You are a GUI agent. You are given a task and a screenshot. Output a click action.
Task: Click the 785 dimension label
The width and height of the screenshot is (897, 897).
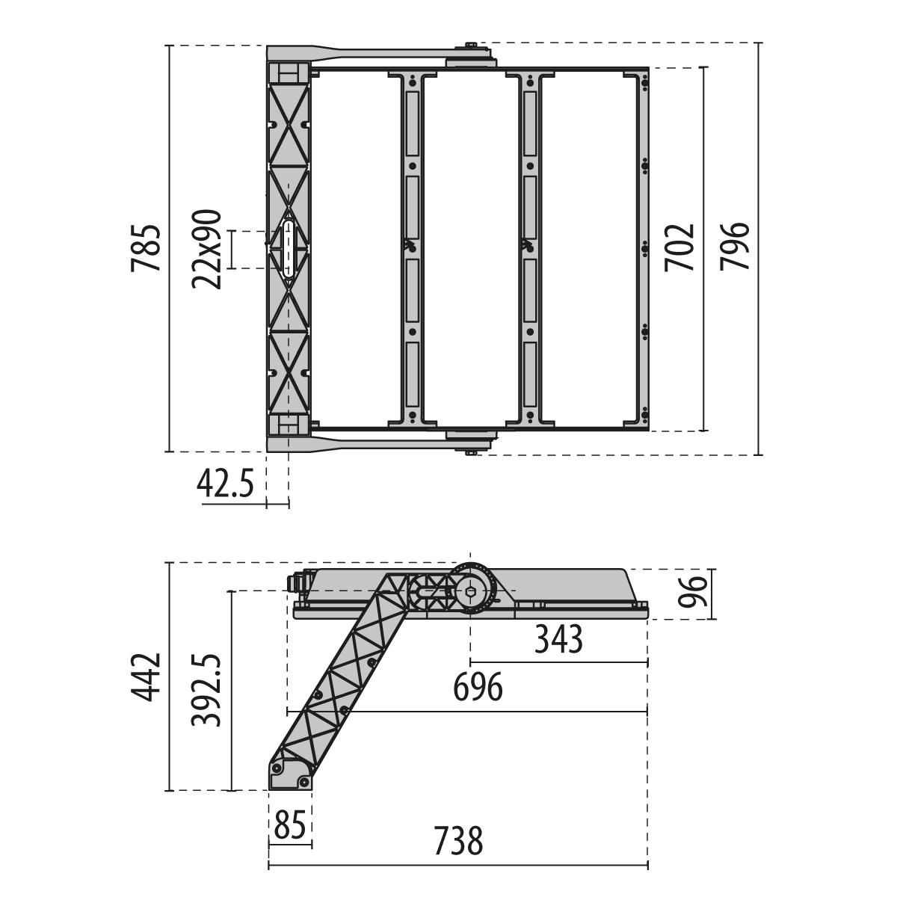pos(147,248)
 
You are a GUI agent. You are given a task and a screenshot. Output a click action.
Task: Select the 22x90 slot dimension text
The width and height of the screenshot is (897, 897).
pos(206,250)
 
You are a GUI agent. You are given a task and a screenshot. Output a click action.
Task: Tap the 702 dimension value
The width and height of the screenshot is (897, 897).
pos(679,248)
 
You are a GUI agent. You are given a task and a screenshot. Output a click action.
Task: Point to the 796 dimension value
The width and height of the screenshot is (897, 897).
pos(735,246)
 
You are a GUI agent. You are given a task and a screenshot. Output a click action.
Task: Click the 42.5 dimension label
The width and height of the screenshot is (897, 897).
pos(225,484)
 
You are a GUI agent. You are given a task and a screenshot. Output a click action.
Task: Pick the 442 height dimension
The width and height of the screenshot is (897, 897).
pos(147,677)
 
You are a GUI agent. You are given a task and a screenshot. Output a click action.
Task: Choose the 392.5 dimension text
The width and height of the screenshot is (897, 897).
pos(206,691)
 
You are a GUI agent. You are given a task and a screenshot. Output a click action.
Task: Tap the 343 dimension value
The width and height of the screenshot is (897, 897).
pos(558,640)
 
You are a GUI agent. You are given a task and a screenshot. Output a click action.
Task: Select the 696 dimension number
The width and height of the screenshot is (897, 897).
pos(478,688)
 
